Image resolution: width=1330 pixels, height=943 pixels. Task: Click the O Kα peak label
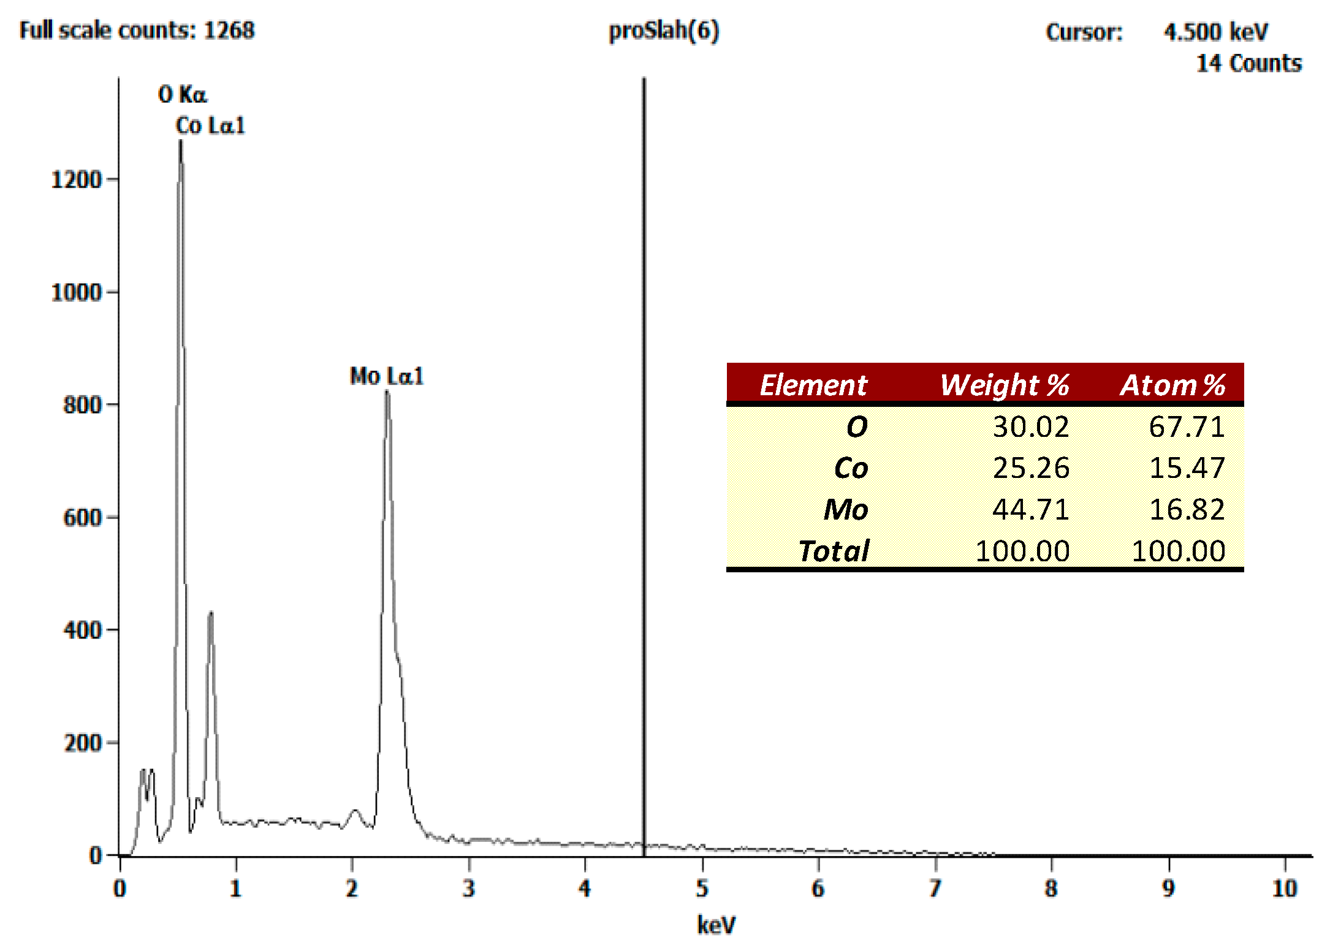(183, 95)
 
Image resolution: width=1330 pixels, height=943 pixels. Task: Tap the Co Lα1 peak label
(210, 126)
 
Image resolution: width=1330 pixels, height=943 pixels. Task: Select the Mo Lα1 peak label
(386, 376)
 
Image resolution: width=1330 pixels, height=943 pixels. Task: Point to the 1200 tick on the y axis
(77, 180)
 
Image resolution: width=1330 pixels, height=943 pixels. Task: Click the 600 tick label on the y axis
(83, 518)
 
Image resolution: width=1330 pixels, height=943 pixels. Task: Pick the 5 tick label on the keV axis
(702, 888)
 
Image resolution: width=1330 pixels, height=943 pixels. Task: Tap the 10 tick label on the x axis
(1285, 888)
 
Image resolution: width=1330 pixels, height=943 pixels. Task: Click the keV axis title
(716, 925)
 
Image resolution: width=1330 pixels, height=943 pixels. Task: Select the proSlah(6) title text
(664, 31)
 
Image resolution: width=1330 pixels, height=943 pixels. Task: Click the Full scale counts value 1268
(229, 31)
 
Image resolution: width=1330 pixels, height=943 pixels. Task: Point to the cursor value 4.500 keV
(1216, 32)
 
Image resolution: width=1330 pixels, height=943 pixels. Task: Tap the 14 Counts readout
(1249, 64)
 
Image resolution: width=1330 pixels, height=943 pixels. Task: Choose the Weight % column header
(1005, 385)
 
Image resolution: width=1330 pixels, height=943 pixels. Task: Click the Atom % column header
(1172, 385)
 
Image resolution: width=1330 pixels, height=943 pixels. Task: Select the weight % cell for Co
(1031, 468)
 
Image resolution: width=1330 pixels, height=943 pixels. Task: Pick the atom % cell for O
(1187, 427)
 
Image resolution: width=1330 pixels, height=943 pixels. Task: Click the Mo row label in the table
(845, 509)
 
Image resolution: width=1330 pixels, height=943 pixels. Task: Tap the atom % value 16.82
(1187, 509)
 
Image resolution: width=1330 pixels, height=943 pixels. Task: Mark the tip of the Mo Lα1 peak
(387, 392)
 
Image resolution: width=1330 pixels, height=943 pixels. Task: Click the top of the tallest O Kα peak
(180, 142)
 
